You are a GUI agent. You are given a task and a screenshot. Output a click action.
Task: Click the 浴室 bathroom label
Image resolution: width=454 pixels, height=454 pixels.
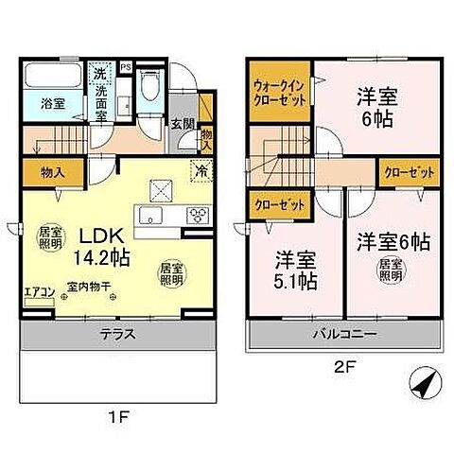39,104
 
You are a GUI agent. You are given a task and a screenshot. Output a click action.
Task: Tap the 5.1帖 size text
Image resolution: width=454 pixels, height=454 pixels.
296,282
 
